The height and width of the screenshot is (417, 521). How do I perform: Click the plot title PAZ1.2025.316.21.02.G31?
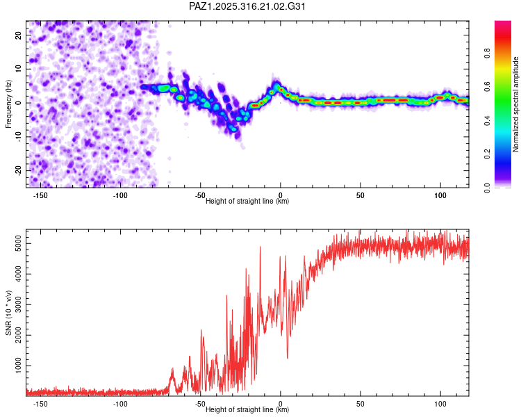coord(247,6)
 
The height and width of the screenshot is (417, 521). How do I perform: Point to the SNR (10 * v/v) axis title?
coord(9,312)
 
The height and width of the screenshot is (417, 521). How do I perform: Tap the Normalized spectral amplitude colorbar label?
coord(515,104)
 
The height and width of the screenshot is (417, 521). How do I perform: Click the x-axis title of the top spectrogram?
coord(247,202)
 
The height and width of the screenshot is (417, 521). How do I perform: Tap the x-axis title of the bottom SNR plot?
coord(247,410)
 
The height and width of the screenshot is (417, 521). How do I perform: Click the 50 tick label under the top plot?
coord(360,196)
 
